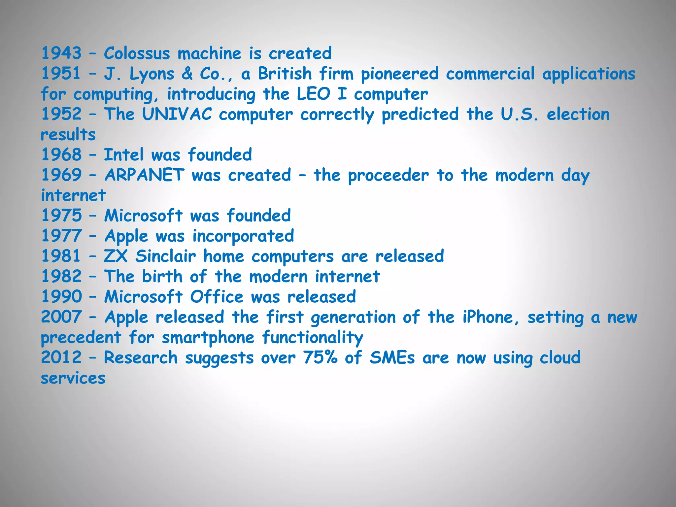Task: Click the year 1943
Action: [61, 53]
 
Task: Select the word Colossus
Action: [137, 53]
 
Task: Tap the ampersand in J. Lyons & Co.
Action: [187, 73]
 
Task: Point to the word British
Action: [285, 73]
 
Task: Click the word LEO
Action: [313, 94]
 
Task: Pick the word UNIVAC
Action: [177, 114]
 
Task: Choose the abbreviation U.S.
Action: [520, 114]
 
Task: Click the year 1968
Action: [61, 154]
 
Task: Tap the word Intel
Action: [124, 154]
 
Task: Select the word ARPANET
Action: [144, 175]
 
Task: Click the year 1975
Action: [61, 216]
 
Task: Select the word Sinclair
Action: [165, 256]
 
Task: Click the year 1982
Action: [61, 276]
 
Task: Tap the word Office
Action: [217, 296]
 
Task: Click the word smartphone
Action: [208, 338]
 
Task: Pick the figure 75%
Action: [320, 357]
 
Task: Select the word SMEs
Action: [392, 357]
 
